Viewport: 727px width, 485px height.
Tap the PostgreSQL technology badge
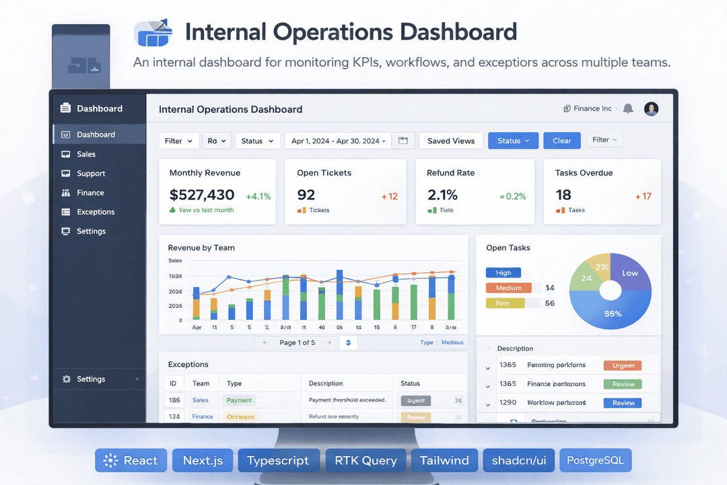[595, 461]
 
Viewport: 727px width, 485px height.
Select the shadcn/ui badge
[518, 461]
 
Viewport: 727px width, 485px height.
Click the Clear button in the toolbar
[561, 141]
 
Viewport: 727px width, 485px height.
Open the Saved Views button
[451, 141]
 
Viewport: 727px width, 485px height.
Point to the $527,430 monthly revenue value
[202, 195]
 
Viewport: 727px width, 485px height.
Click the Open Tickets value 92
[306, 195]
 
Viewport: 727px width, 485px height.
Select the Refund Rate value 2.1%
[442, 195]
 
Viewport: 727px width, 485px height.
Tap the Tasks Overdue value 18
[563, 195]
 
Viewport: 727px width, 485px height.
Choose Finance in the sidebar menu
[90, 193]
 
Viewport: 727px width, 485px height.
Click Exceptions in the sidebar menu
[96, 212]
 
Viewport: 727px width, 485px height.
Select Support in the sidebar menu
[91, 173]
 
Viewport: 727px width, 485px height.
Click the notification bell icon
[628, 108]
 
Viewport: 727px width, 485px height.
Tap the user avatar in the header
[651, 108]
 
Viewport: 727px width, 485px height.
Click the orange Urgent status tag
[623, 366]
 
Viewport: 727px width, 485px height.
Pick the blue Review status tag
[623, 403]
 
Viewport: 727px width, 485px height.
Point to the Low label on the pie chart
[630, 273]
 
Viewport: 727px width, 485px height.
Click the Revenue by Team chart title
[201, 248]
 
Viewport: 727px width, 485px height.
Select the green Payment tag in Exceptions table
[240, 400]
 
